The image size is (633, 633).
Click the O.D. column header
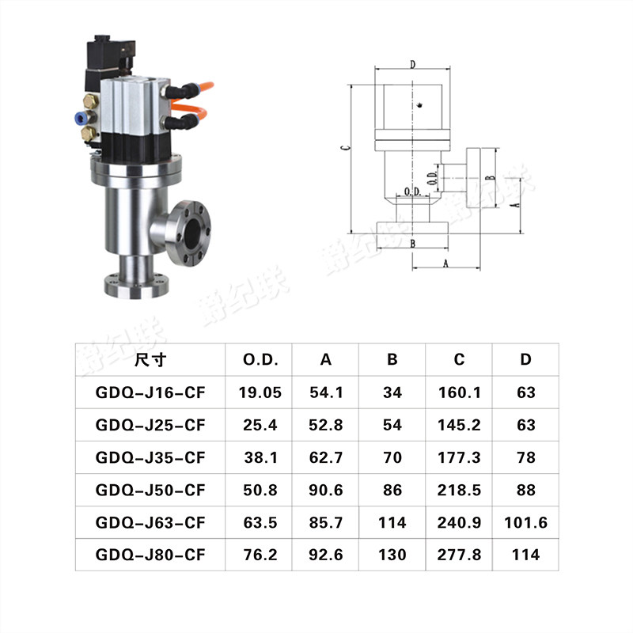point(260,359)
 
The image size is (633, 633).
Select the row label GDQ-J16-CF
point(150,392)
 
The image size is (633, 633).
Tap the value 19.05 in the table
point(260,392)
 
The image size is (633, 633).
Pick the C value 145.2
point(459,425)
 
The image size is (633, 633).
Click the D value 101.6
point(525,522)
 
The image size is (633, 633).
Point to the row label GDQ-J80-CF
point(150,555)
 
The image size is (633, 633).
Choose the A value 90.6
point(326,490)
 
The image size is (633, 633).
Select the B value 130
point(392,555)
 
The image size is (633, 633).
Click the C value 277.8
point(459,555)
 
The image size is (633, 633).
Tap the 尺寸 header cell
point(150,359)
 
